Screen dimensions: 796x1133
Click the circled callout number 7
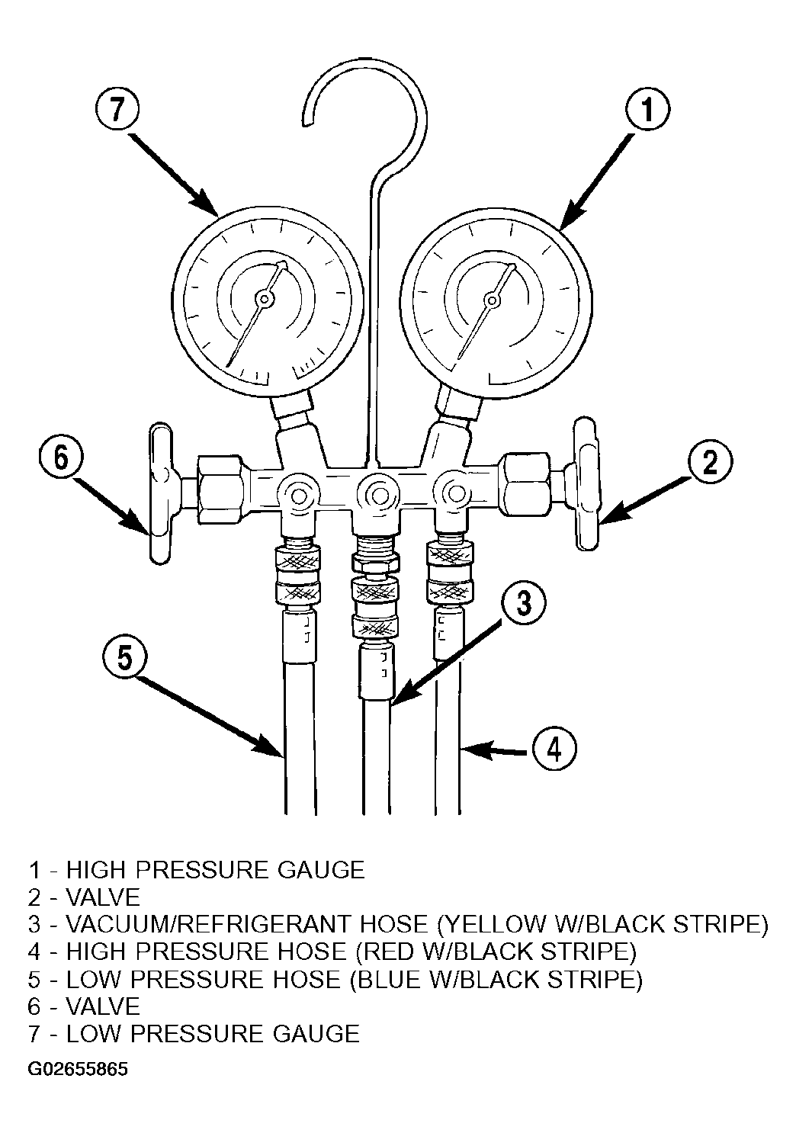coord(117,110)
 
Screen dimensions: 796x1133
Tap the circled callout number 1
coord(647,110)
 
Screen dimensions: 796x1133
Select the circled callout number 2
coord(710,462)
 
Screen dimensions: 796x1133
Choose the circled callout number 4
coord(554,749)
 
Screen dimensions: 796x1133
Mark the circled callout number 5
coord(125,659)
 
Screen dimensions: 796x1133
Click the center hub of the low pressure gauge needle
coord(264,299)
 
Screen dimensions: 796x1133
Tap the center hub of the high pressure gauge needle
coord(490,300)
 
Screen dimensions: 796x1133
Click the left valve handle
coord(162,493)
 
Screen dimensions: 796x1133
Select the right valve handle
coord(586,484)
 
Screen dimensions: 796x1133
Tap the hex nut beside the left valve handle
coord(221,489)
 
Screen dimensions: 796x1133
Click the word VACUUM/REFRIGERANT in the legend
coord(247,924)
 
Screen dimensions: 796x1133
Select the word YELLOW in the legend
coord(491,924)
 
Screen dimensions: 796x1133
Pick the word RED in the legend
coord(385,952)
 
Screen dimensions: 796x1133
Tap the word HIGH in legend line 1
coord(95,870)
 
